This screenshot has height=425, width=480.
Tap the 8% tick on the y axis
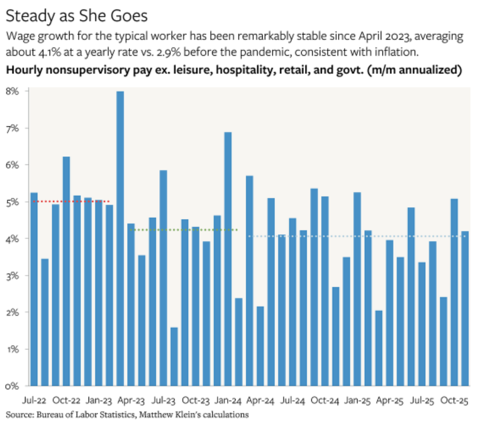click(x=12, y=91)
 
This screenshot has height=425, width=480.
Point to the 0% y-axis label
click(x=12, y=386)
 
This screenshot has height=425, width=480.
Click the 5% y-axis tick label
click(x=12, y=202)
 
